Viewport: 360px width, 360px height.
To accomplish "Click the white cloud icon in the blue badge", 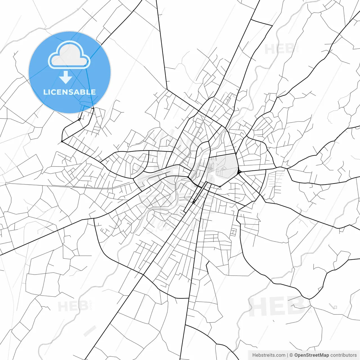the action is coord(69,55).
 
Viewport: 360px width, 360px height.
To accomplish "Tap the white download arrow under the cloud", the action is coord(66,77).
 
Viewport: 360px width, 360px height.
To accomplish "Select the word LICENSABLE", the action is coord(69,92).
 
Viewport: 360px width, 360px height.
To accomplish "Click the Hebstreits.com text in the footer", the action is coord(269,355).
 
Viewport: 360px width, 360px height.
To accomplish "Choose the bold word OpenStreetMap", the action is coord(312,355).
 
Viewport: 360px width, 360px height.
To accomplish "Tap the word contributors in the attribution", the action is coord(343,355).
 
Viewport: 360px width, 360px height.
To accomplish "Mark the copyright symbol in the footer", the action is coord(291,355).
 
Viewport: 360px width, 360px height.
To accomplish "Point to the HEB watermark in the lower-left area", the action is coord(73,306).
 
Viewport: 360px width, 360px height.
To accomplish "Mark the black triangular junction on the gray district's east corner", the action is coord(239,171).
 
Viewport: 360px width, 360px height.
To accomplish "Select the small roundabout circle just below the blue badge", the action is coord(79,119).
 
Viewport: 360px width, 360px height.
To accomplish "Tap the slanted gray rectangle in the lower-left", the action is coord(90,331).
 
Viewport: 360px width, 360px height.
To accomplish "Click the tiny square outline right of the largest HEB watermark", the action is coord(335,307).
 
